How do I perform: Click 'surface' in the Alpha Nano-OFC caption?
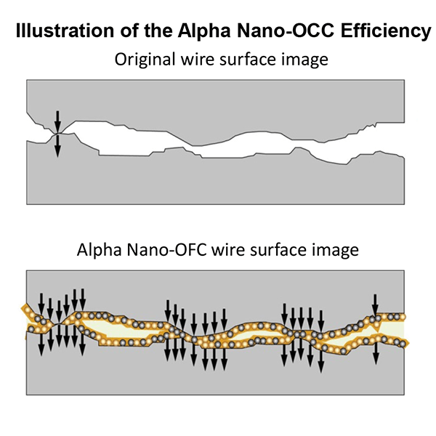coord(270,251)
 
